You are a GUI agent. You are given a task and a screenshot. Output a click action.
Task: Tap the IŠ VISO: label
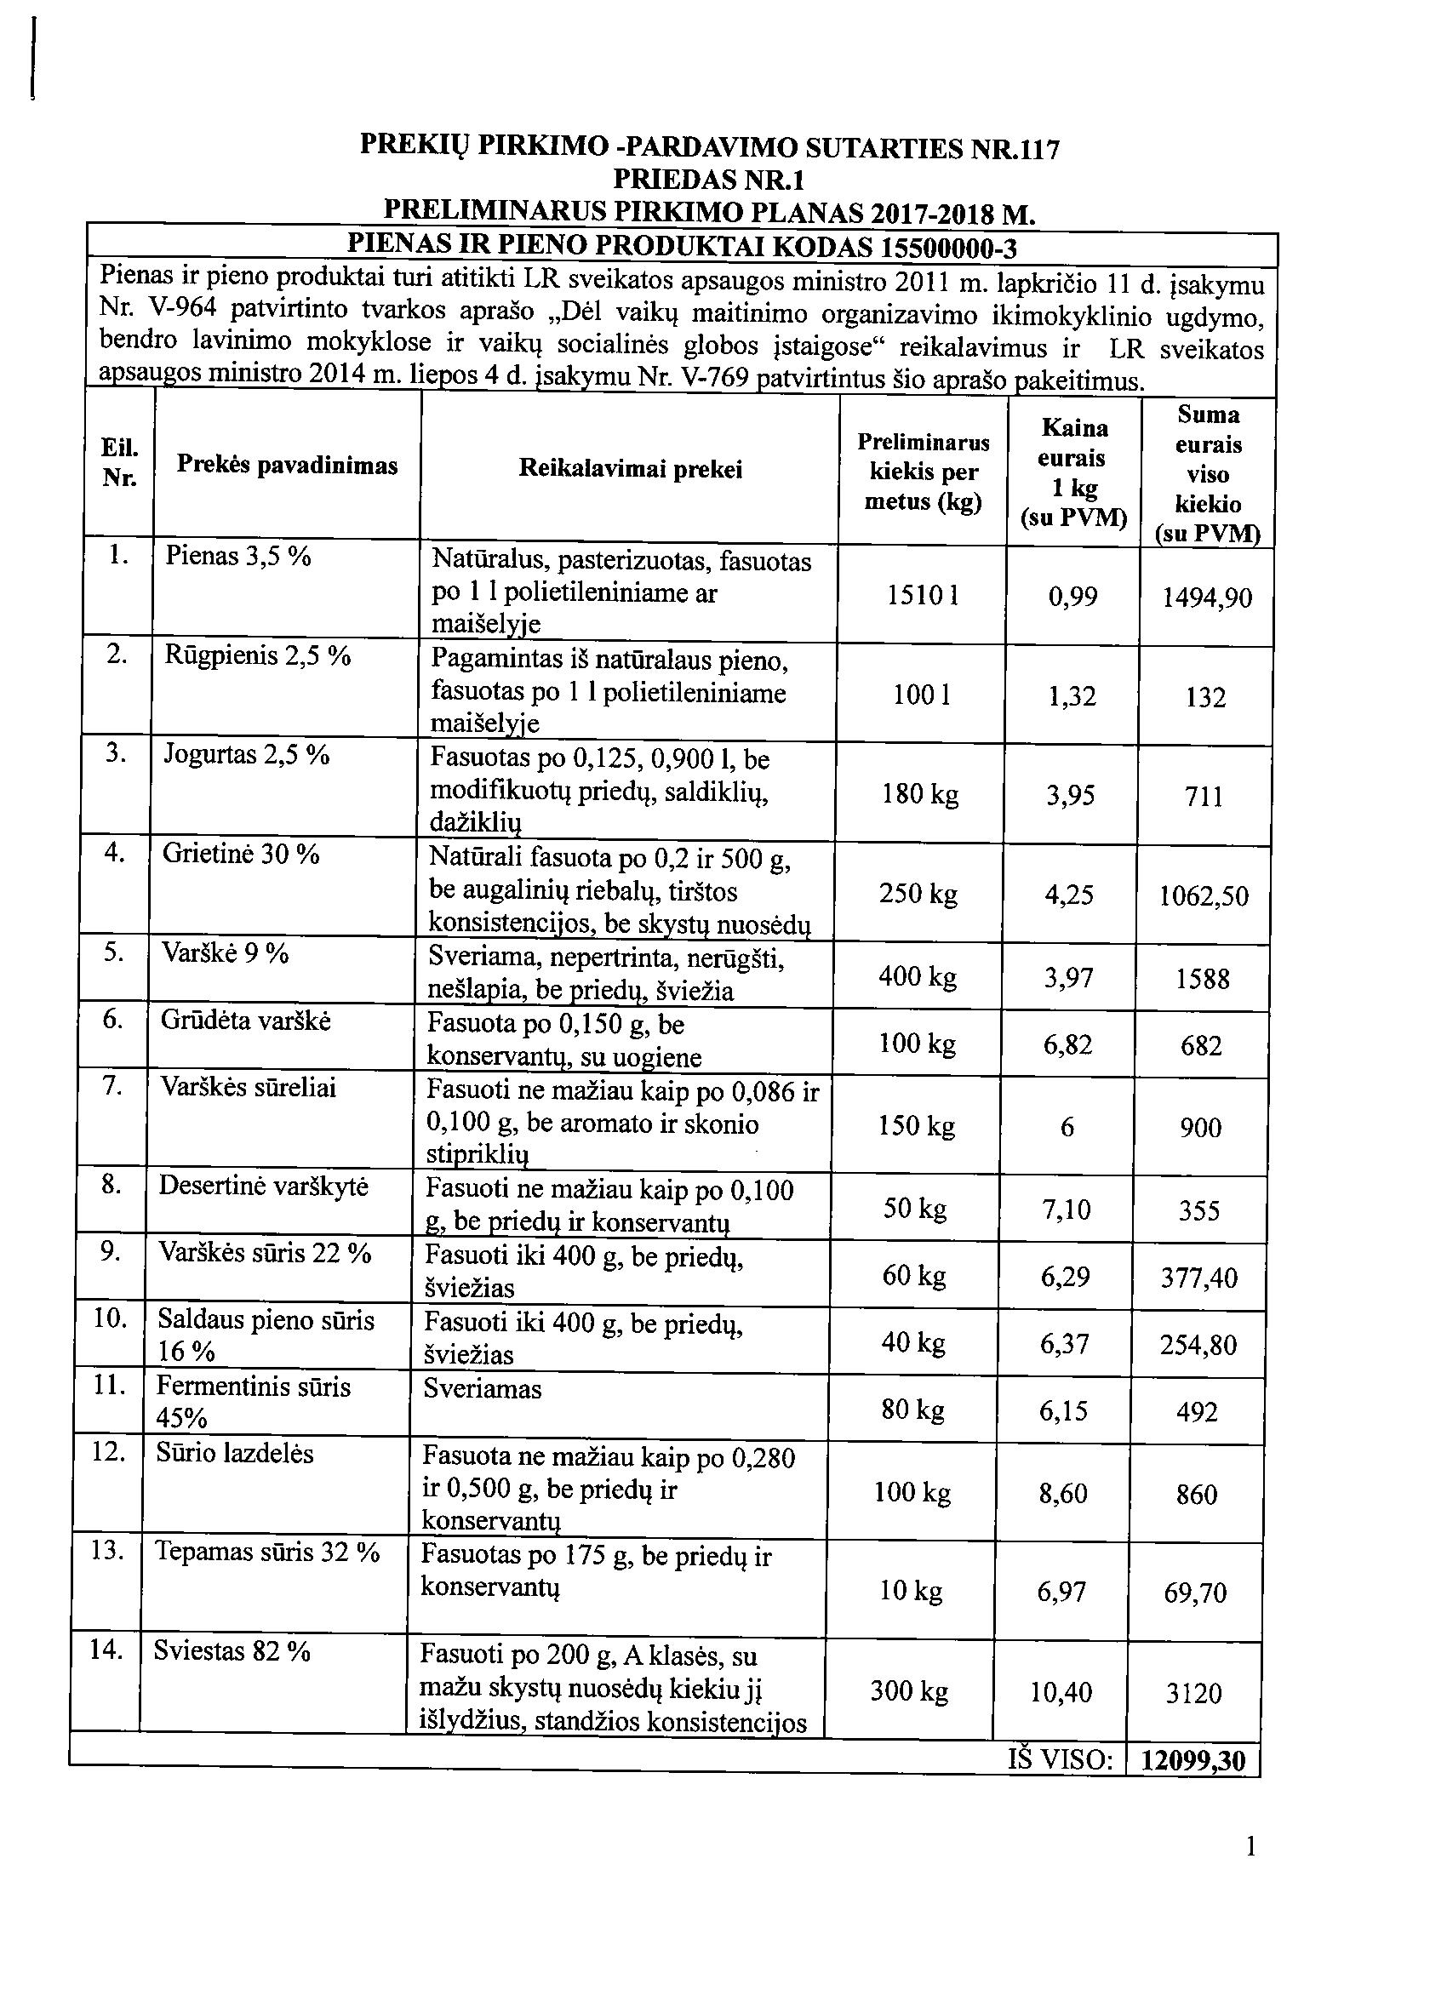(1061, 1759)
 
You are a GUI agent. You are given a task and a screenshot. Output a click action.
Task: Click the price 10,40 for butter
(1061, 1692)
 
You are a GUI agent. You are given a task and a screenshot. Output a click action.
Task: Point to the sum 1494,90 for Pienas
(1207, 598)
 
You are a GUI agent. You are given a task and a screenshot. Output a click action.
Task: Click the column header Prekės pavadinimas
(287, 465)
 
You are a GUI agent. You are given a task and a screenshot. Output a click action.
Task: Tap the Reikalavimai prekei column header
(630, 470)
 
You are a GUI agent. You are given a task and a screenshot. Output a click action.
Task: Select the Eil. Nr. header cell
(119, 463)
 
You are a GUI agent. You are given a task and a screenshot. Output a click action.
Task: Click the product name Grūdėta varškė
(246, 1021)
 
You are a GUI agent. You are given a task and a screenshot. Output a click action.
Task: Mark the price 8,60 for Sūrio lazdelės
(1062, 1494)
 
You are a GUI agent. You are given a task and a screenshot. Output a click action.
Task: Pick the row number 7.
(112, 1086)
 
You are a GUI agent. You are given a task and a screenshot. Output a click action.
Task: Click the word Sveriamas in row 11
(483, 1389)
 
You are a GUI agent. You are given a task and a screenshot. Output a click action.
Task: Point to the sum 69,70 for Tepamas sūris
(1195, 1593)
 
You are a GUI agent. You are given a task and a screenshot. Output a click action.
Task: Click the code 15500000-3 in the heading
(948, 249)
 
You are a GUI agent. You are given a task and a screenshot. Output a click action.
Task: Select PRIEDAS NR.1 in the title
(708, 180)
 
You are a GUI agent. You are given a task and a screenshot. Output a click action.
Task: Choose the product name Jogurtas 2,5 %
(247, 755)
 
